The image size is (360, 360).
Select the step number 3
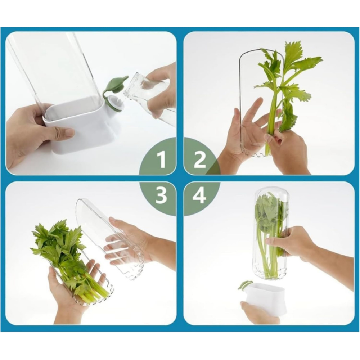[161, 195]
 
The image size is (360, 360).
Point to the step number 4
[199, 195]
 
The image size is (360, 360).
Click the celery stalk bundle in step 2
[288, 92]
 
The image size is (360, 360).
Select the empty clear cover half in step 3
[110, 239]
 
